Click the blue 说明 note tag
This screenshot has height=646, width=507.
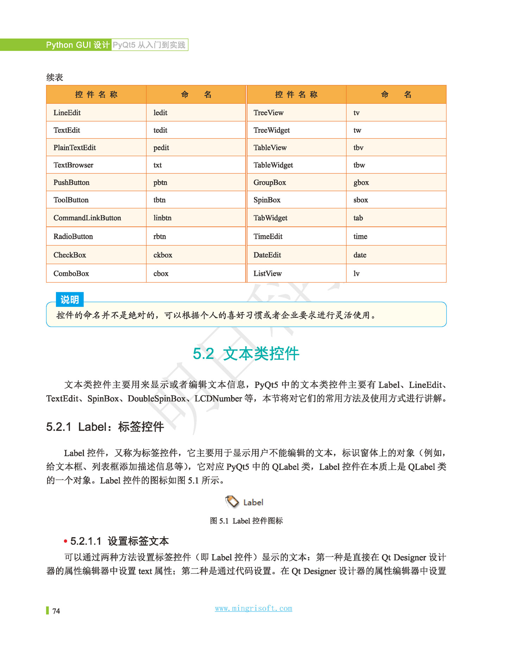click(x=70, y=300)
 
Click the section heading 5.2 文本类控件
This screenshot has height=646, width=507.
click(x=246, y=353)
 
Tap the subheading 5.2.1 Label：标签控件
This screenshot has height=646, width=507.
click(x=105, y=427)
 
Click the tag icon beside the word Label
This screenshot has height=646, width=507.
click(x=232, y=502)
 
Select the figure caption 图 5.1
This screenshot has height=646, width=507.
click(x=246, y=521)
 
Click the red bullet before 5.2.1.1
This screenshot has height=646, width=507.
click(x=65, y=541)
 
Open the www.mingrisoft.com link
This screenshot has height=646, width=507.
click(x=254, y=608)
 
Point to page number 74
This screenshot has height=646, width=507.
click(x=56, y=611)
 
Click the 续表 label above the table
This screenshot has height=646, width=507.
click(x=55, y=78)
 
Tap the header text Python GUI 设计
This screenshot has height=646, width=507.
click(x=78, y=45)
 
